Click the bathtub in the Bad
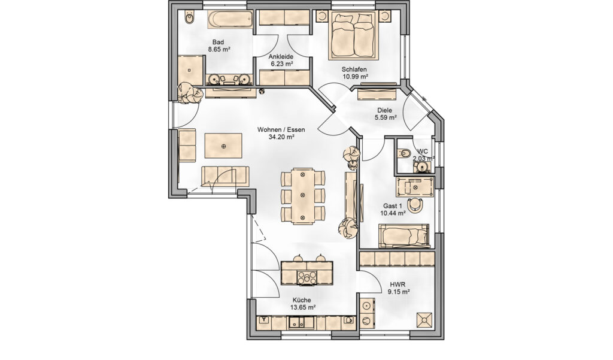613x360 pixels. coord(230,19)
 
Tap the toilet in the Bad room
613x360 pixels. coord(190,17)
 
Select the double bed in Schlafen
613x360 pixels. coord(354,35)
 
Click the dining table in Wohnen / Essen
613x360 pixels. coord(302,196)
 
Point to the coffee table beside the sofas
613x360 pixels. coord(223,146)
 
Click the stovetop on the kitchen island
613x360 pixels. coord(307,277)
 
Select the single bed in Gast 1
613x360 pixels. coord(404,235)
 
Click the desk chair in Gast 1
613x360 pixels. coord(415,204)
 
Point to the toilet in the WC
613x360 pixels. coord(404,153)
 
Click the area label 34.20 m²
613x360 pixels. coord(281,137)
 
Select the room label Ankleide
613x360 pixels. coord(281,56)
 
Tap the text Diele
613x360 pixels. coord(385,110)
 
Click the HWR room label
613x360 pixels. coord(397,285)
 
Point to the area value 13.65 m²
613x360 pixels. coord(302,307)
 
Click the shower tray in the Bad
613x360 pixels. coord(190,71)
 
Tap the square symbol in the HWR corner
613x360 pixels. coord(424,320)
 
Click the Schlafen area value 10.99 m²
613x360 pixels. coord(355,77)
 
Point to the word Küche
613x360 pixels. coord(302,300)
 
